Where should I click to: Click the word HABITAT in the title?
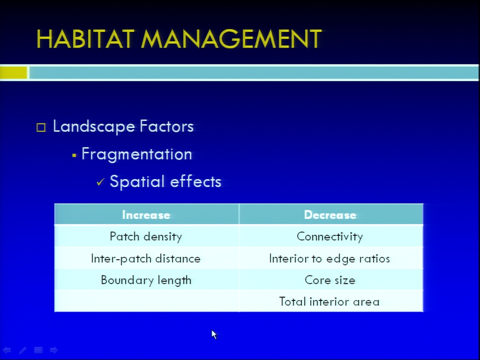tap(85, 39)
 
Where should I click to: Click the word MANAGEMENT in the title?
tap(231, 39)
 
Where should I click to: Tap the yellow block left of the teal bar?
tap(13, 73)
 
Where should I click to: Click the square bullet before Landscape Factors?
tap(41, 127)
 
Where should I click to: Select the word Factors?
tap(166, 126)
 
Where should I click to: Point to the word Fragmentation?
tap(137, 154)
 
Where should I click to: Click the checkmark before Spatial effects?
tap(100, 182)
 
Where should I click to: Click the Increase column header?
tap(146, 215)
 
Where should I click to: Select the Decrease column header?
tap(330, 215)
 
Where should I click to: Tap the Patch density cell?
tap(146, 236)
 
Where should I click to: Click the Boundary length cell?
tap(146, 280)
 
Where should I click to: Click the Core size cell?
tap(330, 280)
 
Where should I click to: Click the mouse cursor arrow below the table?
tap(213, 334)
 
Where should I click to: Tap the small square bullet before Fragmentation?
tap(74, 155)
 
